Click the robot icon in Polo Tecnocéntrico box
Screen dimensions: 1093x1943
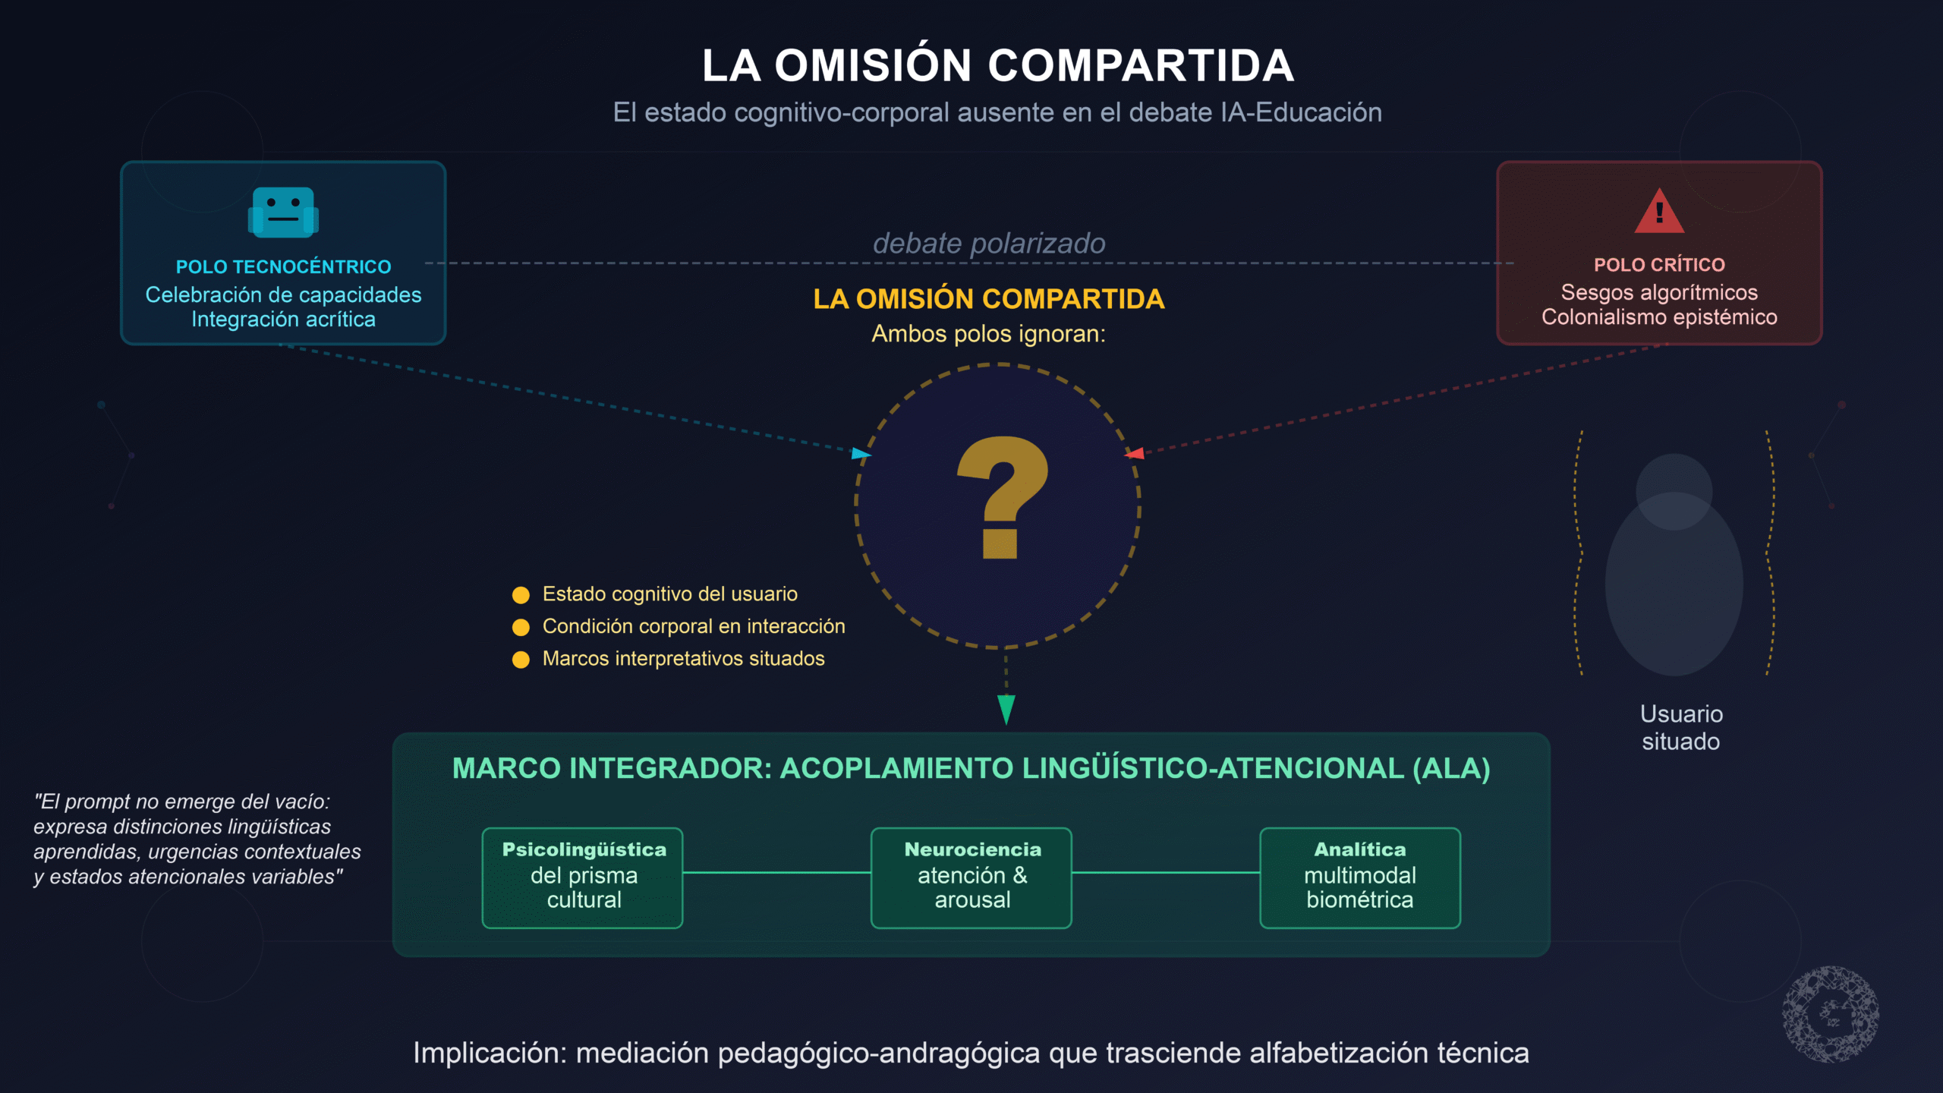point(283,212)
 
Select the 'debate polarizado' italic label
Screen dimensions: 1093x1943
point(988,244)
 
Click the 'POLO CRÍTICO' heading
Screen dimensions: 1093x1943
point(1659,265)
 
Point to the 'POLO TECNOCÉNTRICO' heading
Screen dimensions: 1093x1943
point(283,267)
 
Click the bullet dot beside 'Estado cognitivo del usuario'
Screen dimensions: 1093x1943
point(521,595)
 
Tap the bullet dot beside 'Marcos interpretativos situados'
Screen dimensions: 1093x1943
point(521,660)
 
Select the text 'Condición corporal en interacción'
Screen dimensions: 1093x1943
point(693,626)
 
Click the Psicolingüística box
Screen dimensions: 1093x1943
point(583,877)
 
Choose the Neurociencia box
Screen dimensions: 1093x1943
point(971,877)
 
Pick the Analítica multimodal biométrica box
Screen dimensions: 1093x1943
point(1360,877)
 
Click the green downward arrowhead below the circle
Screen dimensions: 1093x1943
point(1006,709)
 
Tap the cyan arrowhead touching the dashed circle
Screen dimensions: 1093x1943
point(861,454)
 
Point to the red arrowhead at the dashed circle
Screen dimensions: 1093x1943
point(1135,454)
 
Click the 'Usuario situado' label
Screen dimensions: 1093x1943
point(1681,727)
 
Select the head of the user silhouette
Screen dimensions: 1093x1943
point(1674,490)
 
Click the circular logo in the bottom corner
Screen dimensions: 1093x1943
point(1831,1014)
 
